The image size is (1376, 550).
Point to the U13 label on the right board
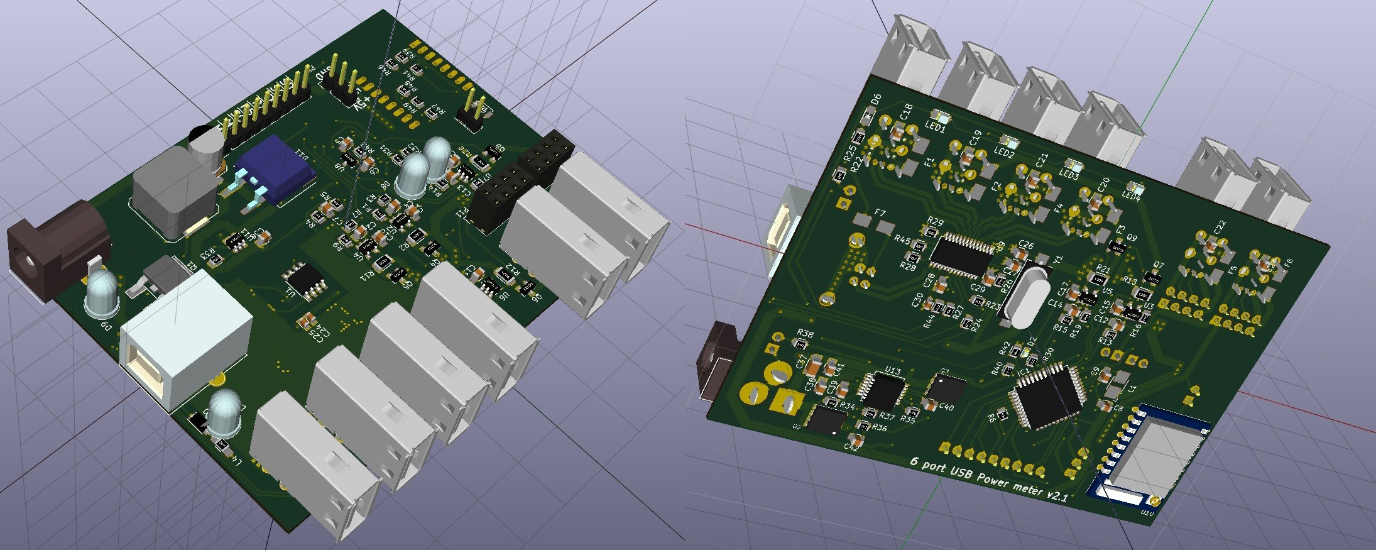tap(893, 371)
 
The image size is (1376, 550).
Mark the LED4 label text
tap(1132, 197)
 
